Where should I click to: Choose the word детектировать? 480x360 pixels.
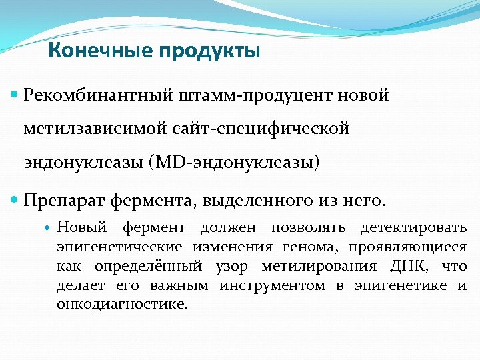[x=413, y=228]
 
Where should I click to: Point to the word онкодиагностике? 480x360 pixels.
[x=122, y=305]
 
